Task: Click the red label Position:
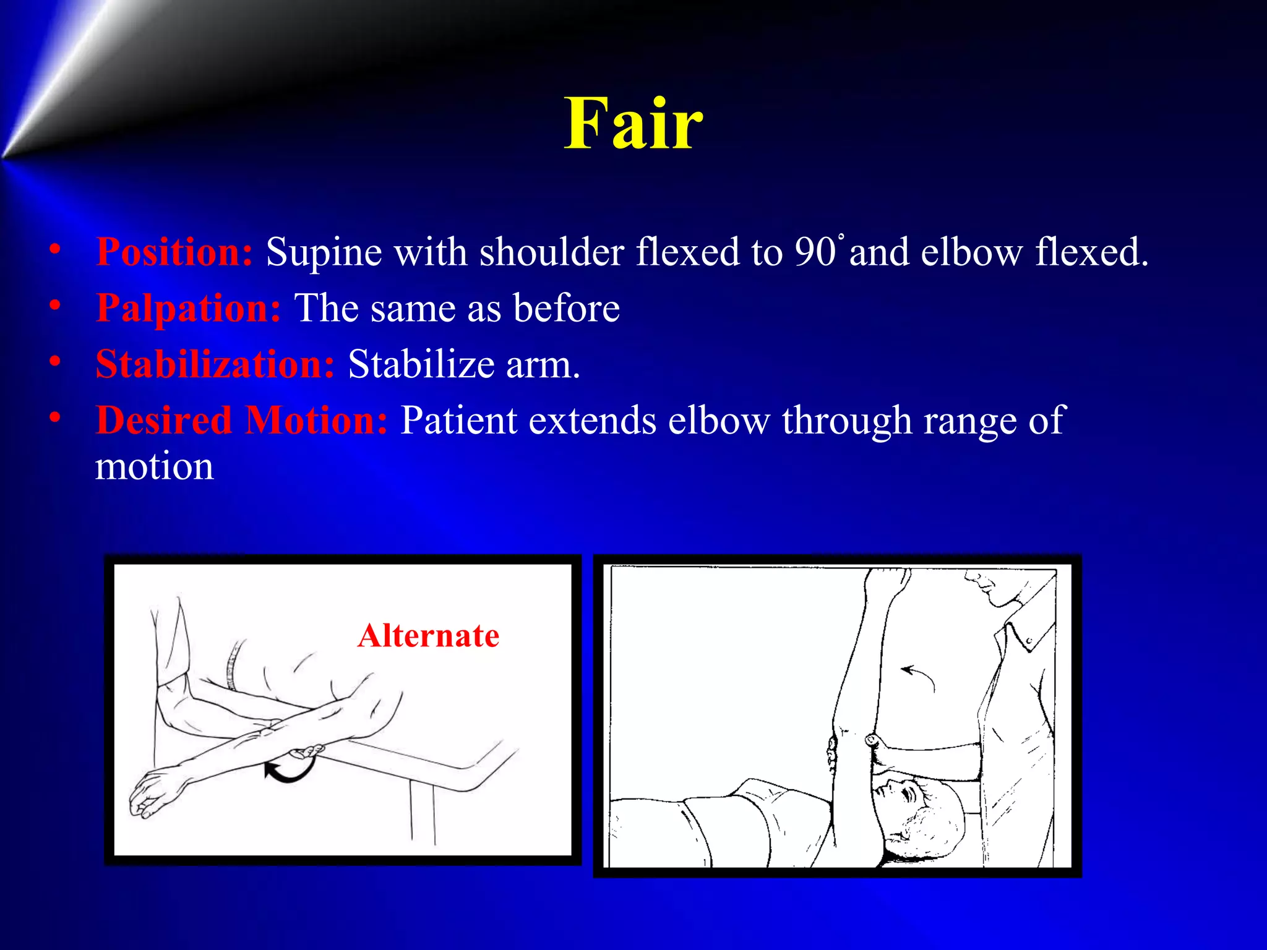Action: pyautogui.click(x=174, y=252)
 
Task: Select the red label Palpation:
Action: pyautogui.click(x=189, y=308)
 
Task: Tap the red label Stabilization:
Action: pyautogui.click(x=215, y=364)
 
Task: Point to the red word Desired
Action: pyautogui.click(x=163, y=421)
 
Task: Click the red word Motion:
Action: pyautogui.click(x=316, y=421)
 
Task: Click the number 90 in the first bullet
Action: pyautogui.click(x=815, y=252)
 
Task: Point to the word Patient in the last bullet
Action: pyautogui.click(x=458, y=421)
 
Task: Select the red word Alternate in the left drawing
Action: pyautogui.click(x=428, y=636)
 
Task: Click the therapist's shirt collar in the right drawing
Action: pyautogui.click(x=1021, y=631)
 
